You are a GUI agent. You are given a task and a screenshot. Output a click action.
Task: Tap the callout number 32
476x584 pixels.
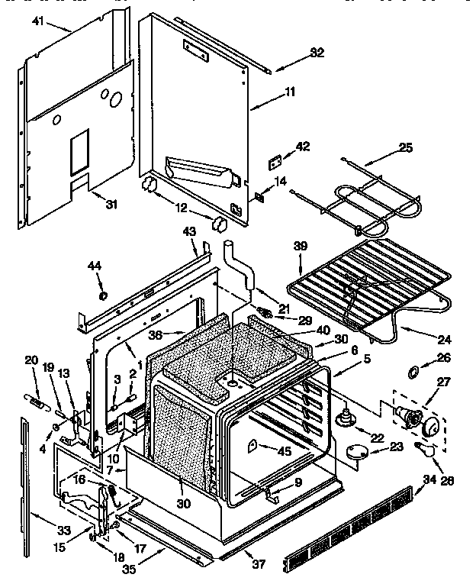pos(296,53)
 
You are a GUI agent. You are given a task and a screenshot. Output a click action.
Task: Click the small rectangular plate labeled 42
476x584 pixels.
pos(274,163)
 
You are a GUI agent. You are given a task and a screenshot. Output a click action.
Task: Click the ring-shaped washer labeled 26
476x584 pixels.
pos(413,372)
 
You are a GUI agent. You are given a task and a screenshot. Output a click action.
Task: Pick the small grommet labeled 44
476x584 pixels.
pos(102,295)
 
